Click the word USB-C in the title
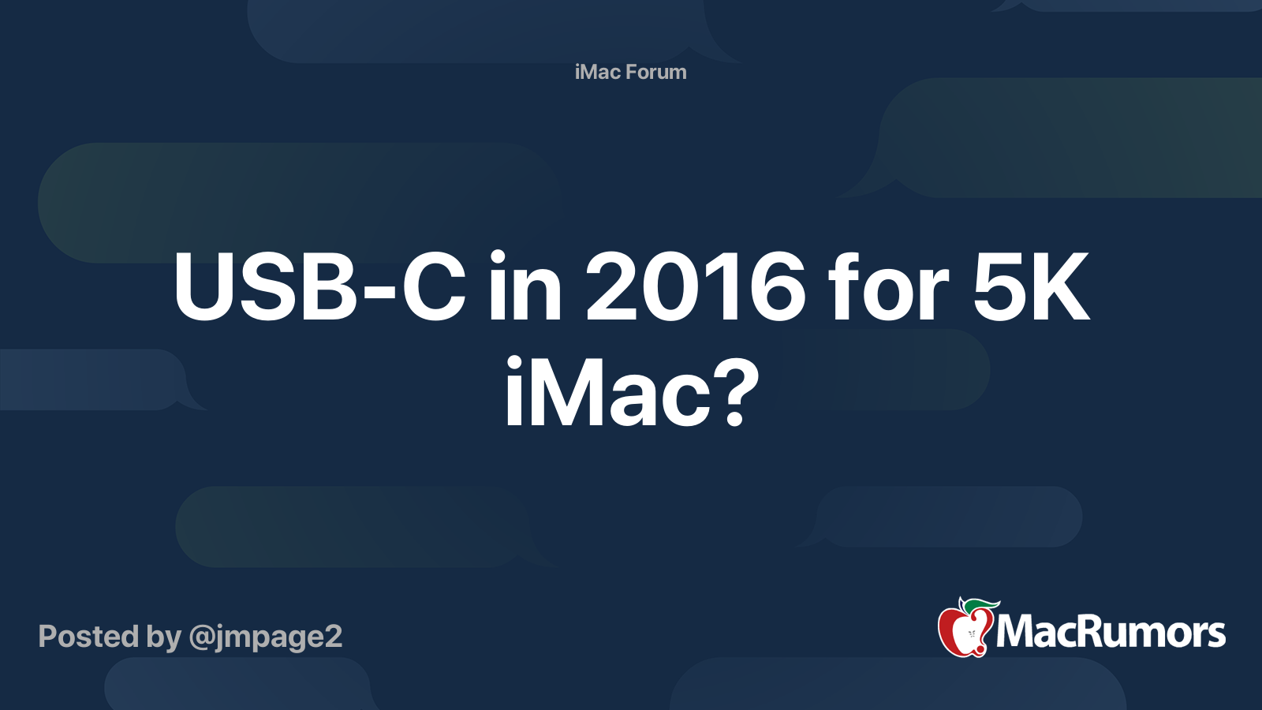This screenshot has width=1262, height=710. (319, 287)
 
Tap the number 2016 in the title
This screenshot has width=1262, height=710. (695, 287)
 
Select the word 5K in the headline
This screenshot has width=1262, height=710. (1030, 287)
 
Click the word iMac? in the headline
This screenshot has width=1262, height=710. (631, 393)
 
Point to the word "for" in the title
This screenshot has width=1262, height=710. (888, 287)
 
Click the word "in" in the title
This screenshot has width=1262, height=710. (525, 287)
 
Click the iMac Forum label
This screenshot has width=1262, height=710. (630, 72)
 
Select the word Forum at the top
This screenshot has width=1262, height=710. (655, 72)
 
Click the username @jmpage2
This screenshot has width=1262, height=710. (265, 637)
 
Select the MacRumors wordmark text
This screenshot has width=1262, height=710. (1111, 633)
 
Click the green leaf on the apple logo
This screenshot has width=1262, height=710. (981, 605)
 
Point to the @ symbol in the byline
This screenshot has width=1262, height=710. (201, 637)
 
